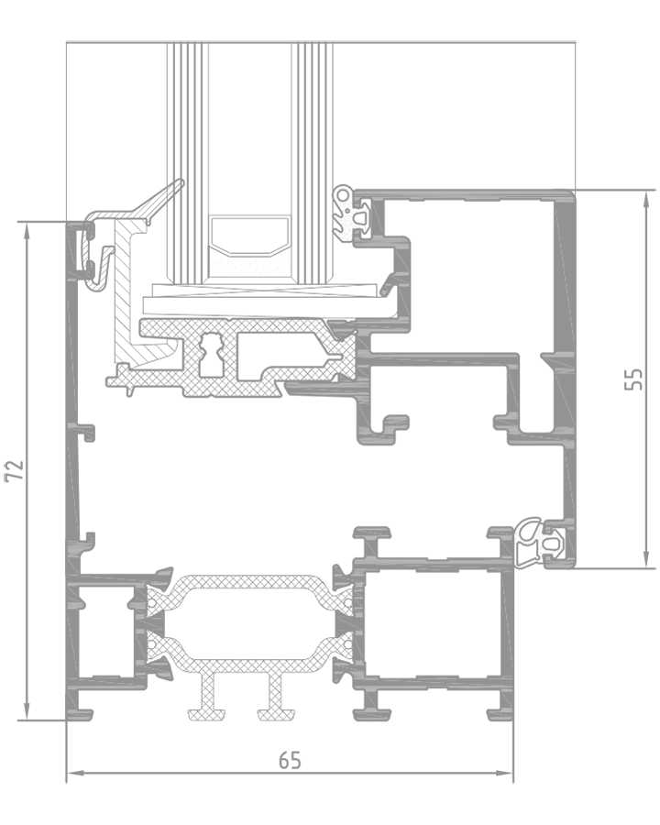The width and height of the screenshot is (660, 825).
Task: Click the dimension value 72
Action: click(15, 470)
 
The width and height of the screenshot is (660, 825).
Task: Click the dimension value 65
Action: click(290, 760)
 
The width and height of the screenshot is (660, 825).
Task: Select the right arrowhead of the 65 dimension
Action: click(504, 773)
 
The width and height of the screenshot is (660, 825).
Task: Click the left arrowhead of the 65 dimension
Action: click(76, 773)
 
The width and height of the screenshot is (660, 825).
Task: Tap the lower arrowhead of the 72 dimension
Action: click(27, 711)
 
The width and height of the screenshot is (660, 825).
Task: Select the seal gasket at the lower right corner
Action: click(540, 544)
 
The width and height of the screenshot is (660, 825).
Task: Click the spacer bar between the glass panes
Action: click(250, 245)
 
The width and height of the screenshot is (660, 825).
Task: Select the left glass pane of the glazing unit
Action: click(187, 163)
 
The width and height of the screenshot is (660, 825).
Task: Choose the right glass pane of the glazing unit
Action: click(313, 163)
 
